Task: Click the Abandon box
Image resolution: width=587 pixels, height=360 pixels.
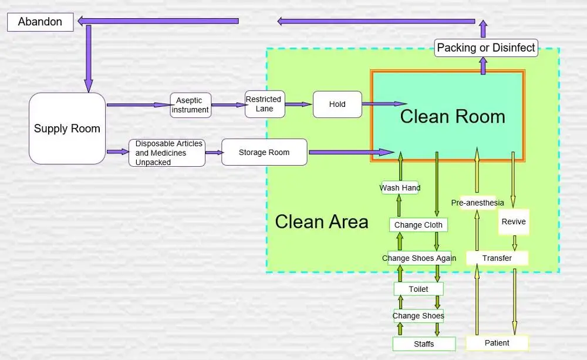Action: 40,22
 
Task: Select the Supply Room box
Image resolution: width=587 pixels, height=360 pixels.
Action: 67,129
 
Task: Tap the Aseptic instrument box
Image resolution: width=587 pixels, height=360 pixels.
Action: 190,105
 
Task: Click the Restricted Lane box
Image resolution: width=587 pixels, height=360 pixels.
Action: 264,104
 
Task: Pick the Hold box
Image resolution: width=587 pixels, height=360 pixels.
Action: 337,105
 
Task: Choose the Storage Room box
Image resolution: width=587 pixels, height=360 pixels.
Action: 264,152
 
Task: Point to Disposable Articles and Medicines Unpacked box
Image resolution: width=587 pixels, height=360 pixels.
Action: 167,153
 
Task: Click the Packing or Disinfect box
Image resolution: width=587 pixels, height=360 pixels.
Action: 486,48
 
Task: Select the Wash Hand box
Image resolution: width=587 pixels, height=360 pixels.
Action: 400,188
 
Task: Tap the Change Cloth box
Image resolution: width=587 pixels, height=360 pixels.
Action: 418,225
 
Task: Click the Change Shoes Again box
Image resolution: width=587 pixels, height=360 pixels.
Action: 419,258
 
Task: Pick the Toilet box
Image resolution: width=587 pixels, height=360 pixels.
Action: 419,289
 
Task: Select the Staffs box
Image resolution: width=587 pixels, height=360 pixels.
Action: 424,344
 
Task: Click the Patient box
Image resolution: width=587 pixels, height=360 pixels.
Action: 497,343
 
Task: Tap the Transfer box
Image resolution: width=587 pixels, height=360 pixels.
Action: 497,258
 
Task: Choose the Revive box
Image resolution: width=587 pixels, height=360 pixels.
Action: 514,222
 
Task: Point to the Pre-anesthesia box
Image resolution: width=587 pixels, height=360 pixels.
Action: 477,203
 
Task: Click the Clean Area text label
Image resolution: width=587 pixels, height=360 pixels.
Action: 322,222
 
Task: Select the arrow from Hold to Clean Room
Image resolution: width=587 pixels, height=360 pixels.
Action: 384,104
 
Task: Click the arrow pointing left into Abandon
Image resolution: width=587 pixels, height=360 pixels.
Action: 158,21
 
